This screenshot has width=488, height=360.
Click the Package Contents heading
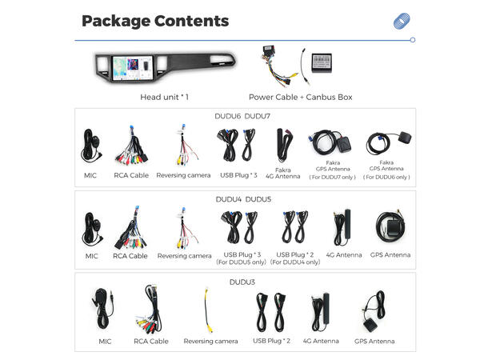tap(155, 21)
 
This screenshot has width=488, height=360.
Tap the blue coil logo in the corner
tap(402, 21)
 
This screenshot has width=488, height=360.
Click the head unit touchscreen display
tap(133, 68)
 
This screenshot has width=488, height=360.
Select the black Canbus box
tap(322, 62)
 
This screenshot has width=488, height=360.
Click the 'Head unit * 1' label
tap(164, 97)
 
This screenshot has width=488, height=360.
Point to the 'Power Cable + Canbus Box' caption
tap(300, 97)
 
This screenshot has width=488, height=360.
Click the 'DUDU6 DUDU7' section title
tap(242, 116)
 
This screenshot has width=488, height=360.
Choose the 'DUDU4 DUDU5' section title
tap(243, 199)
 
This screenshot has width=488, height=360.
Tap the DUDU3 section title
tap(242, 282)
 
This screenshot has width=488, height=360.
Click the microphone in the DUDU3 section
tap(102, 309)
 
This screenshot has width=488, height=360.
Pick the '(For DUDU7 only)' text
tap(332, 177)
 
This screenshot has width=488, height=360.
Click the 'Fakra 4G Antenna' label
tap(283, 174)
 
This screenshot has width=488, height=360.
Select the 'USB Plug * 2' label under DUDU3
tap(271, 341)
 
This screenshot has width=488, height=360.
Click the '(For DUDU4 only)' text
tap(295, 262)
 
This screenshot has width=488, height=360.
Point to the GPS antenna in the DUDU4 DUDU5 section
tap(390, 227)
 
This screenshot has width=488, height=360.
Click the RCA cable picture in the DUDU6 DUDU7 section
tap(132, 146)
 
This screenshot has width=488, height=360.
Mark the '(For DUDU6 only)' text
tap(386, 177)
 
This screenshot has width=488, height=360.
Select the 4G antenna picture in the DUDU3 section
tap(320, 312)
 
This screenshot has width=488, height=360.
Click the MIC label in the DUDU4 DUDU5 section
tap(91, 256)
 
